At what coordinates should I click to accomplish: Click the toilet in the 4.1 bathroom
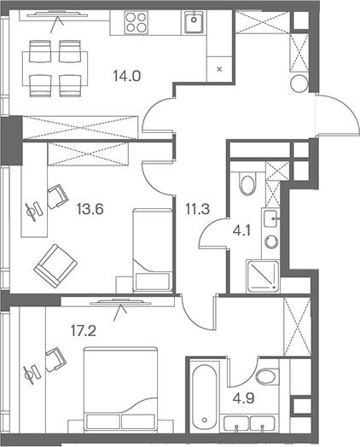click(248, 181)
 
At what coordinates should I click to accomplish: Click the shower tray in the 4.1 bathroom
click(261, 274)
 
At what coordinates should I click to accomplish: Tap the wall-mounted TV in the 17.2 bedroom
click(116, 301)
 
